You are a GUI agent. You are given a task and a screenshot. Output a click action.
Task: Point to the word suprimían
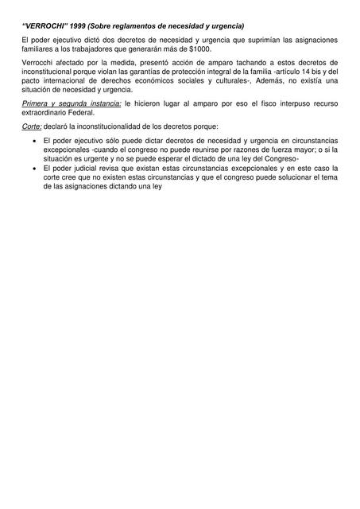(261, 40)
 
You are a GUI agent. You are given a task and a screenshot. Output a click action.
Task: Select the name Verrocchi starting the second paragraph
(39, 62)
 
